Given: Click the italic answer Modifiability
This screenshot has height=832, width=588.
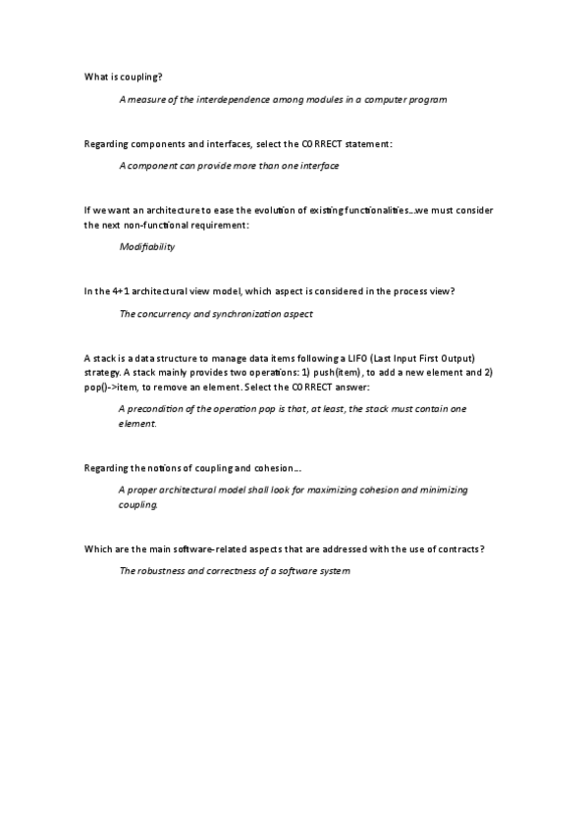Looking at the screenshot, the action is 146,247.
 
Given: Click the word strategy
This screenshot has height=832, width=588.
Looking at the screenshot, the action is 102,374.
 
